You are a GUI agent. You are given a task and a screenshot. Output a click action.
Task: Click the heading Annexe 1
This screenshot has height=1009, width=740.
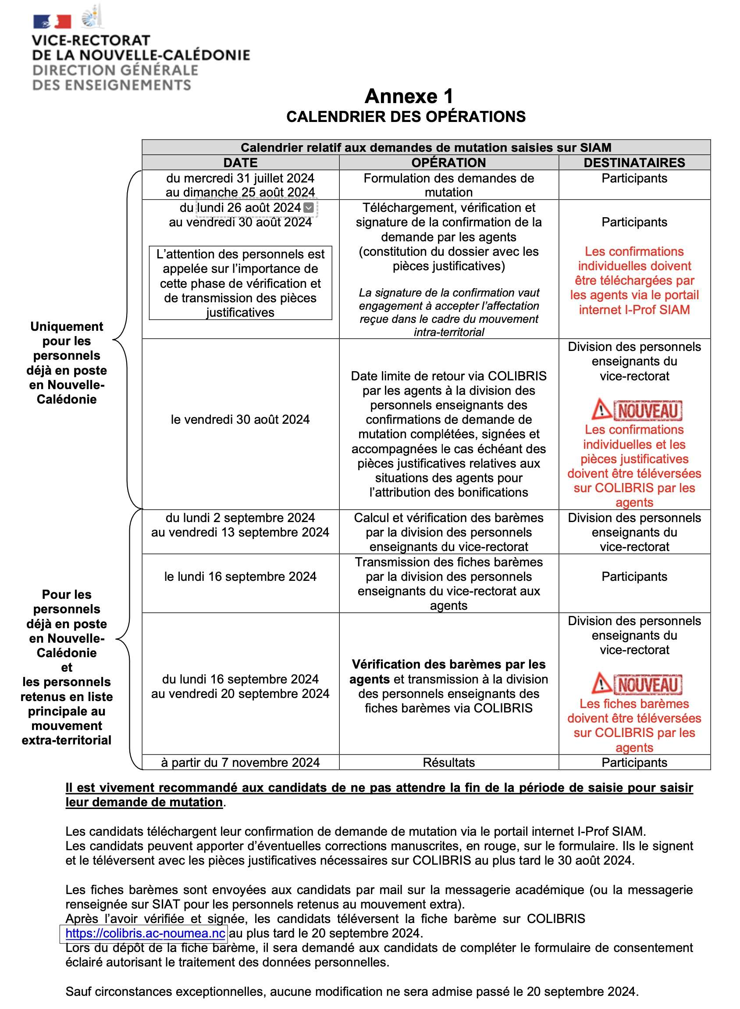click(x=409, y=97)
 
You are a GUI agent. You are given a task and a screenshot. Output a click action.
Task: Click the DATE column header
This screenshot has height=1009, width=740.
click(x=240, y=163)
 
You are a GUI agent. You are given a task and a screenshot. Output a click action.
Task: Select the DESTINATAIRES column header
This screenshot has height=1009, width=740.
click(x=634, y=163)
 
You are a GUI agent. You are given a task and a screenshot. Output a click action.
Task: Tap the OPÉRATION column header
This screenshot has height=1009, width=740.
click(x=448, y=163)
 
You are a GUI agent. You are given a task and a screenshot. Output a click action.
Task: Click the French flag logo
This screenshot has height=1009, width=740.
click(x=52, y=21)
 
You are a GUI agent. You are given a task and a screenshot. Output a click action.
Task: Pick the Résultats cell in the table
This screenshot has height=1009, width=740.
click(x=448, y=762)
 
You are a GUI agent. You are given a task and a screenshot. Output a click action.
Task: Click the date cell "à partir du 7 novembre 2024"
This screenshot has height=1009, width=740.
click(x=240, y=762)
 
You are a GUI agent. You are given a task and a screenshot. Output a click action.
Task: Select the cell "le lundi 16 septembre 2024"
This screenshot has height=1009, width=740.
click(x=240, y=576)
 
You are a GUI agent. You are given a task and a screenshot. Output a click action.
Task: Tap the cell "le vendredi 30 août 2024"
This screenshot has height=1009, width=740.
click(x=240, y=419)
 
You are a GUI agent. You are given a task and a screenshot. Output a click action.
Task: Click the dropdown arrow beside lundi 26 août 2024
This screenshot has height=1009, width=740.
click(x=309, y=208)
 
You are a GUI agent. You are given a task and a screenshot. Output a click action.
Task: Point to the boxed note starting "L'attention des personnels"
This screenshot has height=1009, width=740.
click(x=240, y=283)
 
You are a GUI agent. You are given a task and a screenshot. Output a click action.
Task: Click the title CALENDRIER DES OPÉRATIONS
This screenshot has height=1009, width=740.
click(x=406, y=117)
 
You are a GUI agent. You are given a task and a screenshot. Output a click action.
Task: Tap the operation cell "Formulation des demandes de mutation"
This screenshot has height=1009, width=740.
click(x=448, y=185)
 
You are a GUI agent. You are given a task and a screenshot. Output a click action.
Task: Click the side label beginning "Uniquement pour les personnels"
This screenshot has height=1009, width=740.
click(x=67, y=363)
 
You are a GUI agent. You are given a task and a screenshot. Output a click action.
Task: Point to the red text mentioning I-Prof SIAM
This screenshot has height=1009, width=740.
click(x=634, y=280)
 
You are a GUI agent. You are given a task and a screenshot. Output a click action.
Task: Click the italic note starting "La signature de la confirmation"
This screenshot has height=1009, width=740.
click(x=448, y=312)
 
